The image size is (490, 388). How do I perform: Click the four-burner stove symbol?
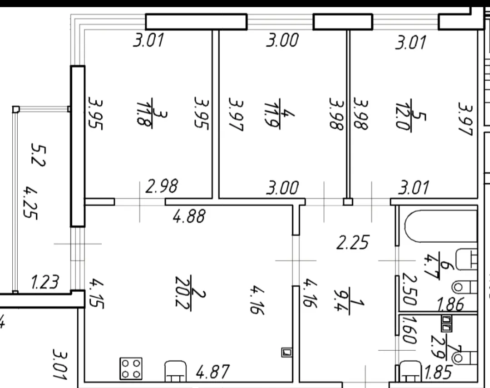131,368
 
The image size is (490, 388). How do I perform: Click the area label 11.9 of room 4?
272,114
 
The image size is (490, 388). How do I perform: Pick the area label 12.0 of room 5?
403,115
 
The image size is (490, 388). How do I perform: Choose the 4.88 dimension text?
189,216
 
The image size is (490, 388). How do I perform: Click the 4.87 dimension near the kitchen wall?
213,372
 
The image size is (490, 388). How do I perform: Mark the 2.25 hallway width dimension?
353,242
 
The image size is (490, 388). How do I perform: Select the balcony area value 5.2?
39,155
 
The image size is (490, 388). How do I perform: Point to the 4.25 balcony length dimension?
31,203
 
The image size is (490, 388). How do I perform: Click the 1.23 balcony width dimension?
45,282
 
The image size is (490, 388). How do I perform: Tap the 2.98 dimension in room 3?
162,186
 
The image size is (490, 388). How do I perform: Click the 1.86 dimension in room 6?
450,304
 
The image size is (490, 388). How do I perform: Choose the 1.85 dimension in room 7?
438,372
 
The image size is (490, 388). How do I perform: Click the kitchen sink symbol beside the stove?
175,371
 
